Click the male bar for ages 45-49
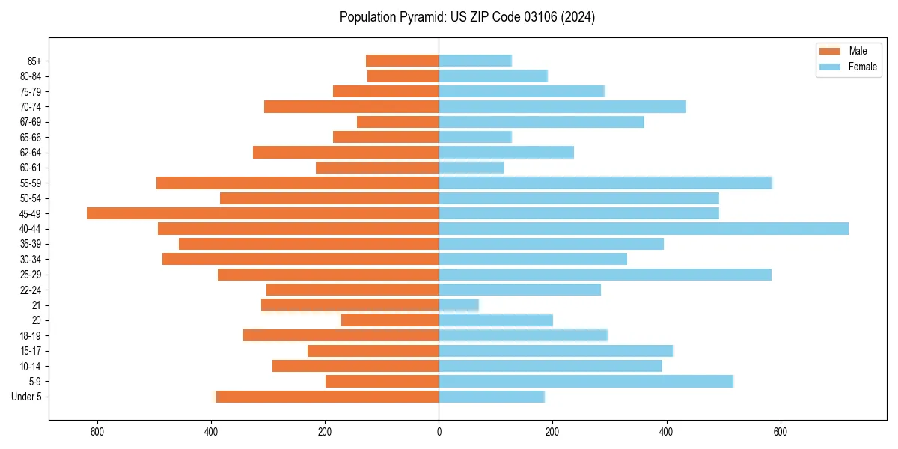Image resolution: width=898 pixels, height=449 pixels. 263,213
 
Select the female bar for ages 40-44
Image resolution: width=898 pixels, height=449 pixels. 644,228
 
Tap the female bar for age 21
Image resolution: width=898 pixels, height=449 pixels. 459,305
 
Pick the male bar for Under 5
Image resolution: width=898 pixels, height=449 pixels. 327,397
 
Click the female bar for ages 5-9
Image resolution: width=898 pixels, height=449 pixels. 586,381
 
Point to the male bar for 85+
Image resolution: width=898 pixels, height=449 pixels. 402,61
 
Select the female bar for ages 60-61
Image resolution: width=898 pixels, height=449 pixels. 471,168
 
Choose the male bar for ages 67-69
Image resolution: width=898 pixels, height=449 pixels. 397,122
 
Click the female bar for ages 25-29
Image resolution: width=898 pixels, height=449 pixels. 605,275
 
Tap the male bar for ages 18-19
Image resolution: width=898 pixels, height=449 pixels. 340,335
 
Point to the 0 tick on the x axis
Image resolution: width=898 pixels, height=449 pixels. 439,432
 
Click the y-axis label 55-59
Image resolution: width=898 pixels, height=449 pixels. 31,183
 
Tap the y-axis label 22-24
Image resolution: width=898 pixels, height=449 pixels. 31,290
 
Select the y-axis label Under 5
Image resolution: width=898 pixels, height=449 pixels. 27,397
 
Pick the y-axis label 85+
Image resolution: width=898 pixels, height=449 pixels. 34,61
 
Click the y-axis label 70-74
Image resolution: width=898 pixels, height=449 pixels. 31,107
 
